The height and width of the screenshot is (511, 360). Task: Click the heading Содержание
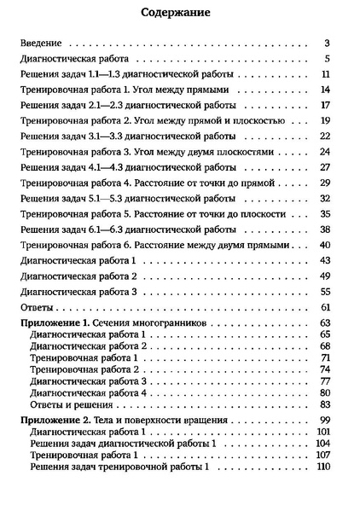[x=180, y=15]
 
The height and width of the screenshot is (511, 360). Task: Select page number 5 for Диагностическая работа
[x=328, y=60]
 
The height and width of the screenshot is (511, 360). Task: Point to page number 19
[x=325, y=121]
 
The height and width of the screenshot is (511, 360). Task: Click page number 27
[x=325, y=167]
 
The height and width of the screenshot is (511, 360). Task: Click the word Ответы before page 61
[x=37, y=306]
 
